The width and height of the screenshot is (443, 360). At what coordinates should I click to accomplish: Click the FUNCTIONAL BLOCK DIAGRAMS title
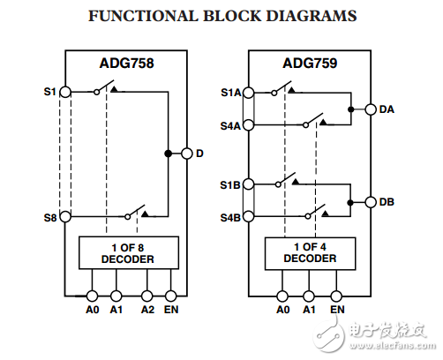pyautogui.click(x=221, y=16)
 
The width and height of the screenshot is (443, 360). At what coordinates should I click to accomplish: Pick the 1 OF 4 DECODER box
pyautogui.click(x=309, y=252)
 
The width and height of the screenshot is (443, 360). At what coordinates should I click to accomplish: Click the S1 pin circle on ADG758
pyautogui.click(x=65, y=91)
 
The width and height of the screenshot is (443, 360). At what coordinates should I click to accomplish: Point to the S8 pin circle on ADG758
pyautogui.click(x=65, y=216)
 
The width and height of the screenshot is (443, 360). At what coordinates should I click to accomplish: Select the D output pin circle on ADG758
pyautogui.click(x=186, y=154)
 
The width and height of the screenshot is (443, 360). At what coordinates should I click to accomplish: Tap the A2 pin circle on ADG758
pyautogui.click(x=147, y=296)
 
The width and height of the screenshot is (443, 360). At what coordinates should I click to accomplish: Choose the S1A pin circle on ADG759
pyautogui.click(x=249, y=91)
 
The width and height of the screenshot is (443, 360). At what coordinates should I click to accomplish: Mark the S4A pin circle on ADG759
pyautogui.click(x=249, y=125)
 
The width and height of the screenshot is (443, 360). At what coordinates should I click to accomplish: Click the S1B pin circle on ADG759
pyautogui.click(x=249, y=184)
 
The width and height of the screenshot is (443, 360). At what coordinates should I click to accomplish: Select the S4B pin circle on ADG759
pyautogui.click(x=249, y=217)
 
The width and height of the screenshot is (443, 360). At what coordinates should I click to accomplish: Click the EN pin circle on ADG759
pyautogui.click(x=337, y=296)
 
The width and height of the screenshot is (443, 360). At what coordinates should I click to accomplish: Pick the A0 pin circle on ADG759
pyautogui.click(x=282, y=296)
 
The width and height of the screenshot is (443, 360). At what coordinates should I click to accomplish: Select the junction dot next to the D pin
pyautogui.click(x=168, y=154)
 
